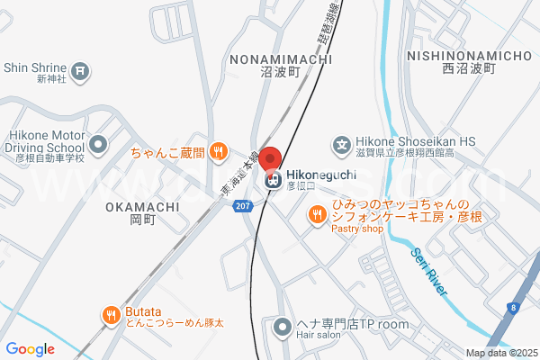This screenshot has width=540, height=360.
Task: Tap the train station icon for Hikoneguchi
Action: click(271, 180)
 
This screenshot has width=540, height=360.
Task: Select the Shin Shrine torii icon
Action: click(80, 67)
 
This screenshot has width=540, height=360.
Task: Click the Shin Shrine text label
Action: click(35, 67)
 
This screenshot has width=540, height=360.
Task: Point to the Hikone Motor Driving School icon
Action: click(98, 143)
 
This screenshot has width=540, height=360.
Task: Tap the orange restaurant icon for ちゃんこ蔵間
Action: click(218, 153)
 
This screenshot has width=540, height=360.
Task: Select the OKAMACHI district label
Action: click(142, 206)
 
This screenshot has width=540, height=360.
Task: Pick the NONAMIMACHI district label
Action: click(281, 58)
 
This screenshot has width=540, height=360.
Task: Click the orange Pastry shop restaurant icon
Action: click(317, 214)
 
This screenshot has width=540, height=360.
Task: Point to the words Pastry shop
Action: click(357, 229)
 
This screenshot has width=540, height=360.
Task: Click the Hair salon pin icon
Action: click(282, 325)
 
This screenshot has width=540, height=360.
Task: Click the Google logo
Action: click(30, 349)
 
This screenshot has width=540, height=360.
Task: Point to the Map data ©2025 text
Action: click(500, 353)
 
